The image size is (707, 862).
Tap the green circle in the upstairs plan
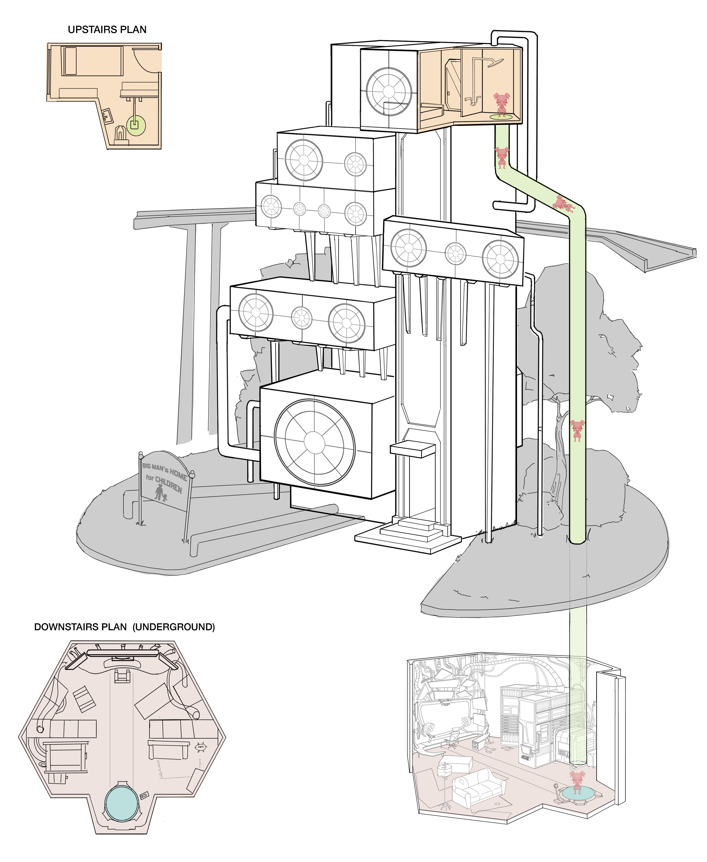136,125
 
